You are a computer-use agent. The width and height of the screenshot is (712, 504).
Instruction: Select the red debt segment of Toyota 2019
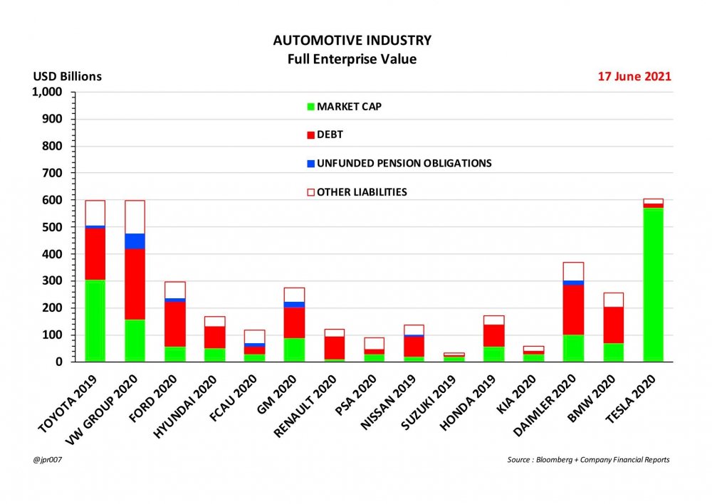105,253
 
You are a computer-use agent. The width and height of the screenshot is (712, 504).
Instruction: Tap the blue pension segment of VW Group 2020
135,241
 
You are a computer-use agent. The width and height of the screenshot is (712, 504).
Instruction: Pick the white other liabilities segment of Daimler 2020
573,271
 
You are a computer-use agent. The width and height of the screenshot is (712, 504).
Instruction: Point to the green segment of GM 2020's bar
294,350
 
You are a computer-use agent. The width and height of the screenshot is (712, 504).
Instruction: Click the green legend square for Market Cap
310,107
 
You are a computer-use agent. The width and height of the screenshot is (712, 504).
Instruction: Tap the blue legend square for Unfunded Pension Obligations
310,164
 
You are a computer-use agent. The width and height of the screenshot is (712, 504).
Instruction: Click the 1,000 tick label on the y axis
47,93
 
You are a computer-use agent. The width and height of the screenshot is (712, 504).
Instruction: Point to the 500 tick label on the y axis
53,227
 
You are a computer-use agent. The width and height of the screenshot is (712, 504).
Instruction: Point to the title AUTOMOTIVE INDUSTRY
352,41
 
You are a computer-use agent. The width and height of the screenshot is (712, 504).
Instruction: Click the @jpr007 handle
47,460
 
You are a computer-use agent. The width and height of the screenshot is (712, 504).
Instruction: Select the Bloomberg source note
588,460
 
